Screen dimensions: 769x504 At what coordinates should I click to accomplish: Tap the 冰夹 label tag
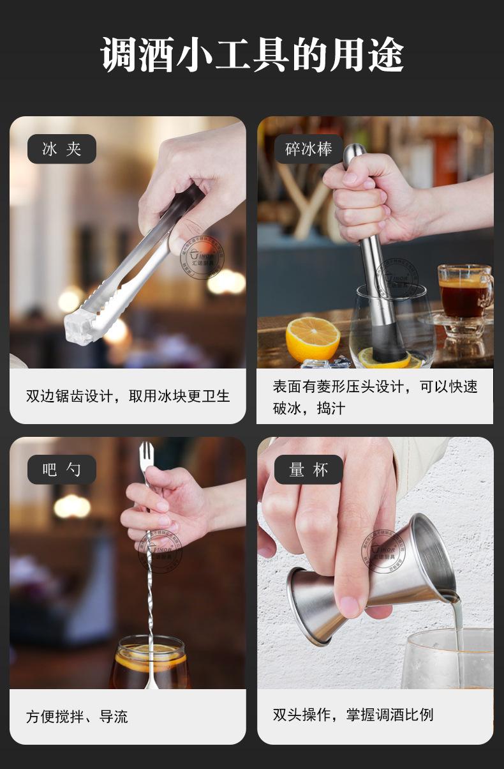(x=62, y=149)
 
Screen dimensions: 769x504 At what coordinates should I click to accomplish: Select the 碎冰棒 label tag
(x=309, y=149)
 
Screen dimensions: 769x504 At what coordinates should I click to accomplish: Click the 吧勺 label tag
(x=62, y=470)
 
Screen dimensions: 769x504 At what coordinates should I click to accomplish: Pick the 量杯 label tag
(x=309, y=470)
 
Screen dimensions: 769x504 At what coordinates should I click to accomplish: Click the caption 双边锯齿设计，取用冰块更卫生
(x=128, y=396)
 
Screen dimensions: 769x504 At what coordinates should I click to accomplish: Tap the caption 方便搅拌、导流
(x=77, y=717)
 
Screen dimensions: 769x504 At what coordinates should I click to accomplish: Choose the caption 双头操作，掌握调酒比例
(x=353, y=714)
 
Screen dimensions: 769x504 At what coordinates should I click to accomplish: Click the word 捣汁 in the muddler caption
(x=331, y=408)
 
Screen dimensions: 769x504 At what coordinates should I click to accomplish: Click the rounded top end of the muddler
(x=355, y=152)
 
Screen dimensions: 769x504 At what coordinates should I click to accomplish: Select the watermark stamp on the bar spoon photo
(x=159, y=550)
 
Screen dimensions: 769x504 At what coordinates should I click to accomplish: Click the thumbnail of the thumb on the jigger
(x=349, y=604)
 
